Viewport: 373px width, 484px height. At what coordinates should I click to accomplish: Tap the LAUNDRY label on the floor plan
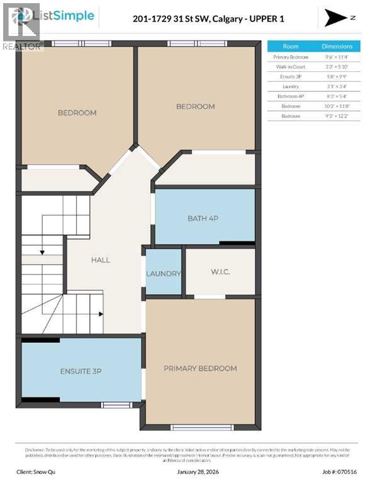(x=164, y=274)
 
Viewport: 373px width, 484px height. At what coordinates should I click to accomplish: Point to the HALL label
(x=100, y=260)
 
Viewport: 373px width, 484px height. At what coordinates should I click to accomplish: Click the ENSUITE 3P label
(x=81, y=371)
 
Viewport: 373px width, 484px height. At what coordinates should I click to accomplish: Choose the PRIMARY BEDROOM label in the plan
(x=200, y=368)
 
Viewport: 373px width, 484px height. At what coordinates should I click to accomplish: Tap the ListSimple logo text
(x=67, y=16)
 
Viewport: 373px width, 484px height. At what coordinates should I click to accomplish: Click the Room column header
(x=291, y=47)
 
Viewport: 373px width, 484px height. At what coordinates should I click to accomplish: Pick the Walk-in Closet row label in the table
(x=291, y=66)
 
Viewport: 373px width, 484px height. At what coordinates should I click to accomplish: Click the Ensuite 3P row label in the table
(x=291, y=76)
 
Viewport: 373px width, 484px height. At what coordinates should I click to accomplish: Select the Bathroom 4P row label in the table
(x=291, y=96)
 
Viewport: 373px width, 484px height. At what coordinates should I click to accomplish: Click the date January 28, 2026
(x=186, y=471)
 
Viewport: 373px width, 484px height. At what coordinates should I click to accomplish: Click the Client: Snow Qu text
(x=40, y=471)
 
